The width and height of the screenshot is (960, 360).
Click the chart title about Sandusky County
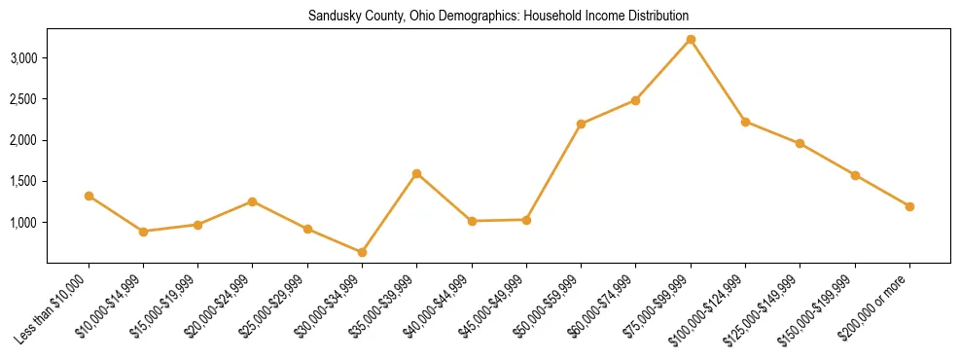(x=498, y=17)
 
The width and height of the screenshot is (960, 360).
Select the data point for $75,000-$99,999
(x=691, y=40)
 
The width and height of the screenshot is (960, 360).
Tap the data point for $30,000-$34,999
(x=362, y=252)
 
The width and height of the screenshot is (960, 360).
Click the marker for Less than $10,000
(x=89, y=196)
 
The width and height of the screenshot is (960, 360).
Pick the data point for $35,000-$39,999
(x=416, y=174)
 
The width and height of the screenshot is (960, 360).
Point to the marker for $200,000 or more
(x=909, y=206)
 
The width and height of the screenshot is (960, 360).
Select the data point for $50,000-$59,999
(x=581, y=124)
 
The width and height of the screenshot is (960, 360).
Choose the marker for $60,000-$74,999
(x=635, y=100)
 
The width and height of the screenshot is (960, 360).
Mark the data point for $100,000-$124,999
(x=745, y=122)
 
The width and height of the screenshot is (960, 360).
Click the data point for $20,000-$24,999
(x=252, y=201)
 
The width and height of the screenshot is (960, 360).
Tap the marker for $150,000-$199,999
(x=855, y=175)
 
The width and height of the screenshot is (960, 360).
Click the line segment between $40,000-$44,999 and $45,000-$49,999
(x=499, y=221)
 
